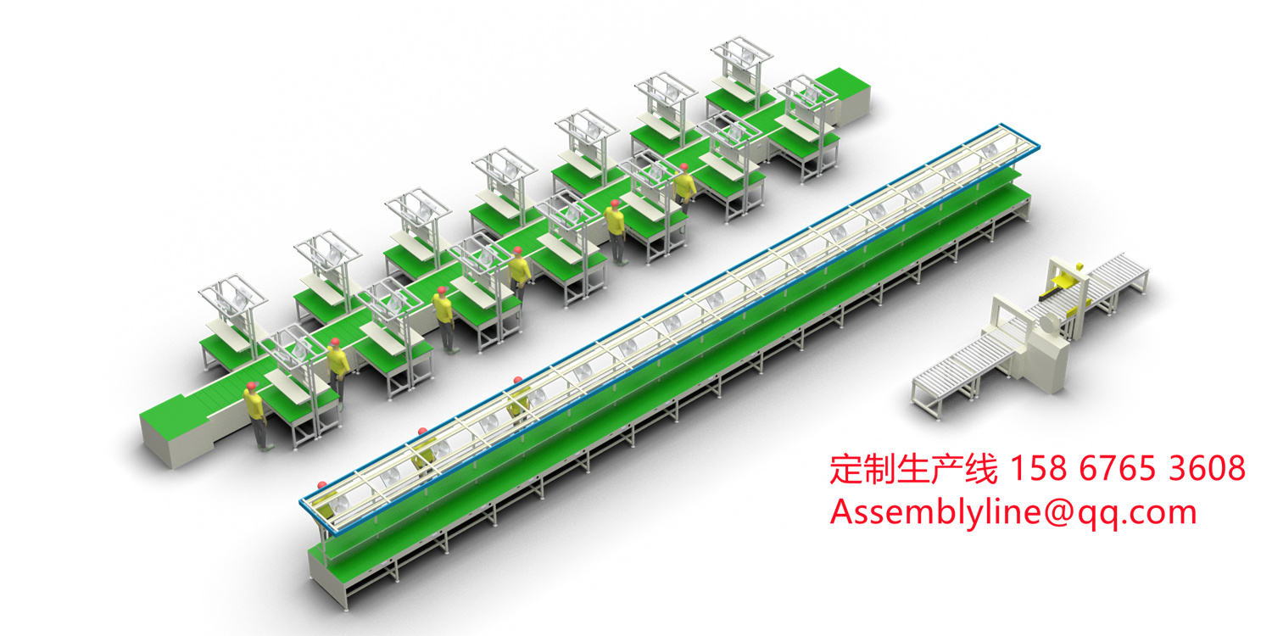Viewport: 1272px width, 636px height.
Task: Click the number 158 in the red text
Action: tap(1038, 468)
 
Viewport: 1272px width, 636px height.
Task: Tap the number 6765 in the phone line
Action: tap(1117, 468)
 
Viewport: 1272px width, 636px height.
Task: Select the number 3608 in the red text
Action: tap(1208, 468)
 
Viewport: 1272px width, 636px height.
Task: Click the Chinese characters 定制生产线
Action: tap(913, 469)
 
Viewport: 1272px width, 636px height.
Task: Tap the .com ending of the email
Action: tap(1159, 513)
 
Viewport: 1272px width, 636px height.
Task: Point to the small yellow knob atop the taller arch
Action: tap(1078, 265)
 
